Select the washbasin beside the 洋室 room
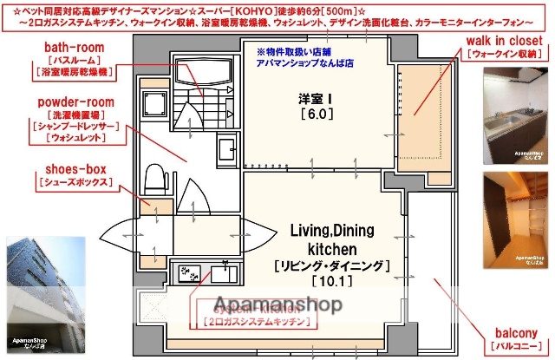(x=225, y=147)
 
